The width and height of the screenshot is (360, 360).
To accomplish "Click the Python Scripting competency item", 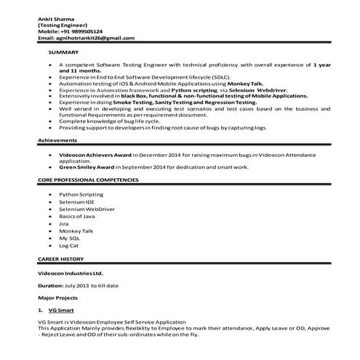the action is click(x=81, y=196).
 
